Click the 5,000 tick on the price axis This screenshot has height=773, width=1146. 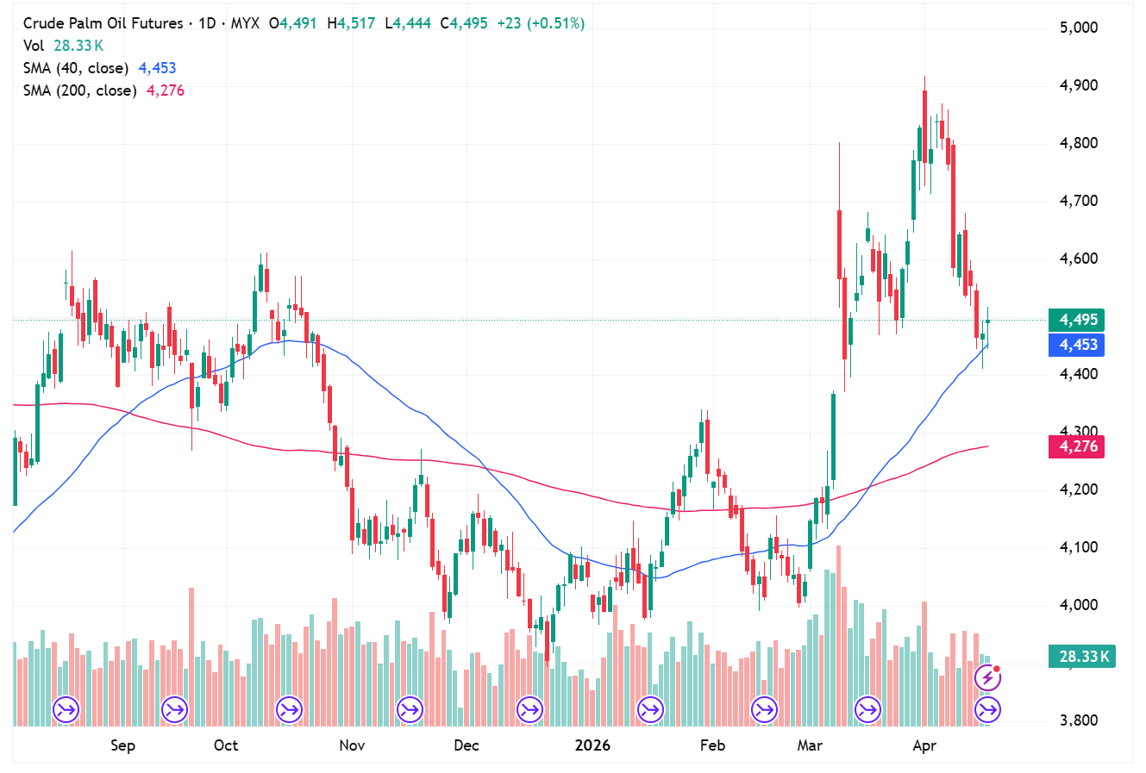[x=1079, y=28]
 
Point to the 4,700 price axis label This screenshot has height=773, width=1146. [x=1079, y=201]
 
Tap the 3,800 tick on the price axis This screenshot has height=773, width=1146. [x=1079, y=720]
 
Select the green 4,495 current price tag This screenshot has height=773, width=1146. [x=1078, y=320]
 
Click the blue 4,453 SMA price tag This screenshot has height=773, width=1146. [x=1078, y=345]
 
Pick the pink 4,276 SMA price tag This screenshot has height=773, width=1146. [x=1078, y=446]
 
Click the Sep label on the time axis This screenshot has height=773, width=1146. [x=122, y=745]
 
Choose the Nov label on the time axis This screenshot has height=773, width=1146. [x=352, y=745]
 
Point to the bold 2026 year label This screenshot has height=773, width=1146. [x=592, y=745]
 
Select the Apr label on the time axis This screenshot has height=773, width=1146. [x=924, y=745]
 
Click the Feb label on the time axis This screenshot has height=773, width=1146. [x=712, y=745]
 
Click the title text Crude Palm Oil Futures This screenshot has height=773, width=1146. [x=103, y=23]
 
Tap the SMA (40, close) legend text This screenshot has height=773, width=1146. [x=76, y=68]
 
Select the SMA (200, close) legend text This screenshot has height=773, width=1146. [x=79, y=90]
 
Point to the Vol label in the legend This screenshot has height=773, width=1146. [x=34, y=46]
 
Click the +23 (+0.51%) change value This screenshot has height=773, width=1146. [x=541, y=23]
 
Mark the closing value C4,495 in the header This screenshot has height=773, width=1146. [x=464, y=23]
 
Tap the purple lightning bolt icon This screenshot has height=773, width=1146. [x=987, y=678]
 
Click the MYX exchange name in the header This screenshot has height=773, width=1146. [x=245, y=23]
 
